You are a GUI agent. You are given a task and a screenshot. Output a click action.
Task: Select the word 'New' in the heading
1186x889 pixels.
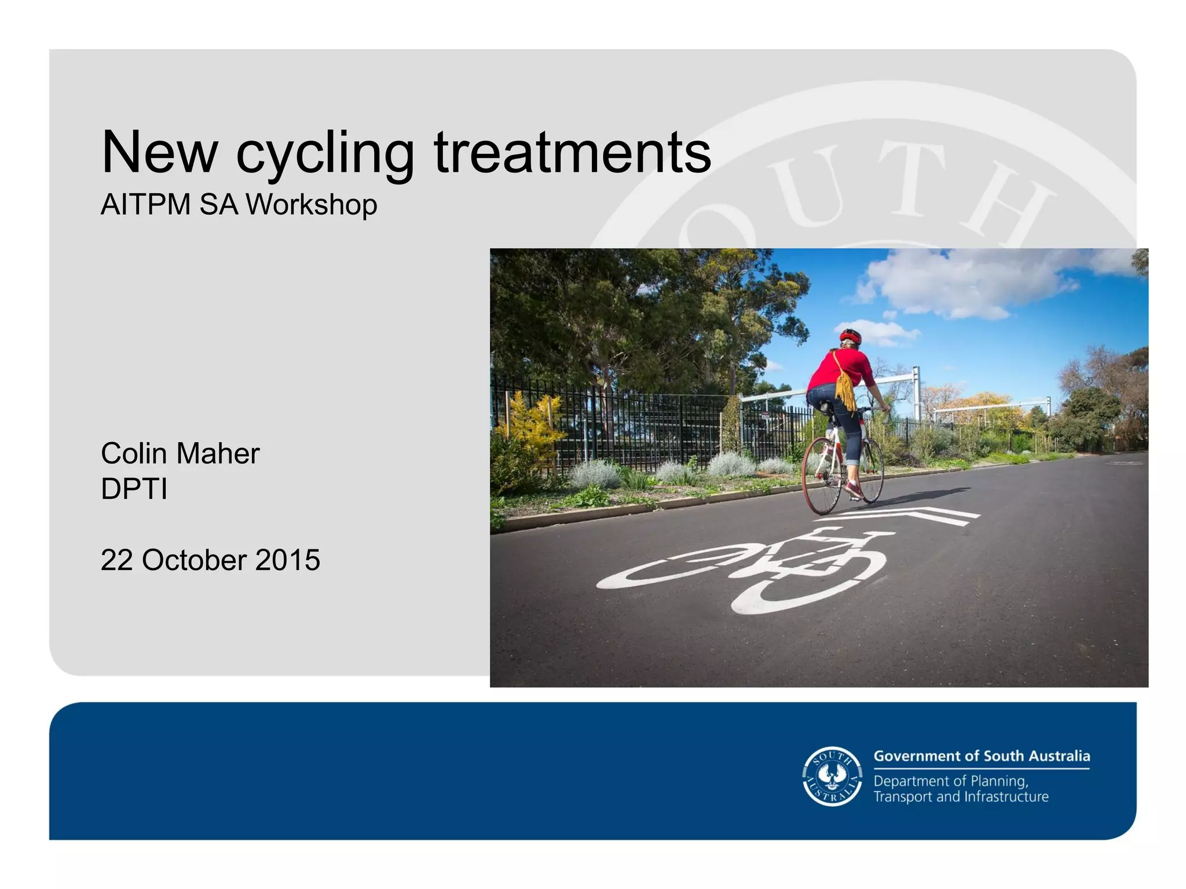159,152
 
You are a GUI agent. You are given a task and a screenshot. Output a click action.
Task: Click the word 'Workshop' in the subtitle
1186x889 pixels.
312,205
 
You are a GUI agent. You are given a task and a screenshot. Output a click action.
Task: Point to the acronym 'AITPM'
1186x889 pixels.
145,205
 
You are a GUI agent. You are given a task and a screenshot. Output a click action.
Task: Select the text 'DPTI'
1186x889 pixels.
134,490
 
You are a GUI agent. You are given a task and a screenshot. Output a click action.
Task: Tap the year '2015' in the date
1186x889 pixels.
287,560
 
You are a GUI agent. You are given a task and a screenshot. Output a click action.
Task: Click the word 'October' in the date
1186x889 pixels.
194,560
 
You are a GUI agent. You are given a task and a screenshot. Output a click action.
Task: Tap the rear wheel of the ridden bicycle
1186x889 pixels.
822,476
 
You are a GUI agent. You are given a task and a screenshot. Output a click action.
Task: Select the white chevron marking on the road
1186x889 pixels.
915,515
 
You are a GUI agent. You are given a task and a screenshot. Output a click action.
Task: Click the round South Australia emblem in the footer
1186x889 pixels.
832,776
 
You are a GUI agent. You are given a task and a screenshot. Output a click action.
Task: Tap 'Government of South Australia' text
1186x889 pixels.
981,756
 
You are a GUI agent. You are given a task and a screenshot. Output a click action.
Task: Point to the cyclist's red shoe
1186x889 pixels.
854,490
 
